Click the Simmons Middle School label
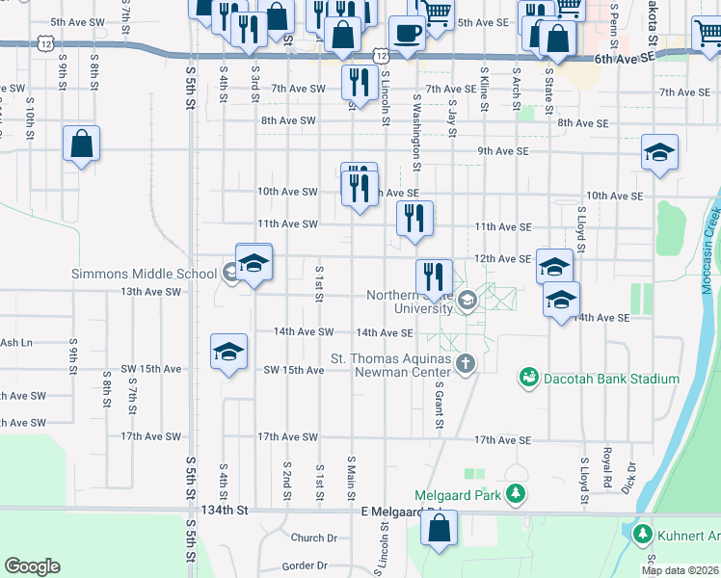tap(144, 274)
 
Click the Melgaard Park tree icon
tap(516, 495)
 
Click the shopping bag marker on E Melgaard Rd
tap(439, 529)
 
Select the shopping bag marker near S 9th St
tap(82, 144)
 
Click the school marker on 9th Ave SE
tap(660, 153)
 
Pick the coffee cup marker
tap(407, 34)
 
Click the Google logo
tap(32, 566)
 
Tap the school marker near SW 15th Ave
tap(229, 353)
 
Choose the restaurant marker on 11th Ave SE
tap(415, 220)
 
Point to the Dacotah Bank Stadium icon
tap(528, 379)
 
